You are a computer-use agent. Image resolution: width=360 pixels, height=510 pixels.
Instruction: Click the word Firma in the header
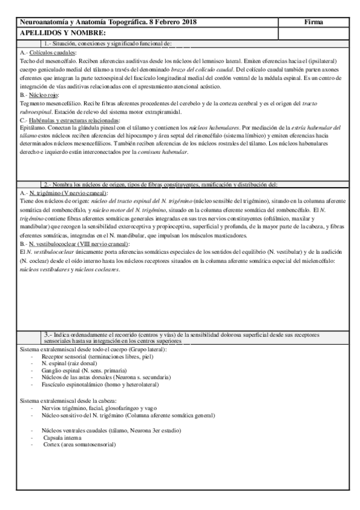pyautogui.click(x=314, y=22)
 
